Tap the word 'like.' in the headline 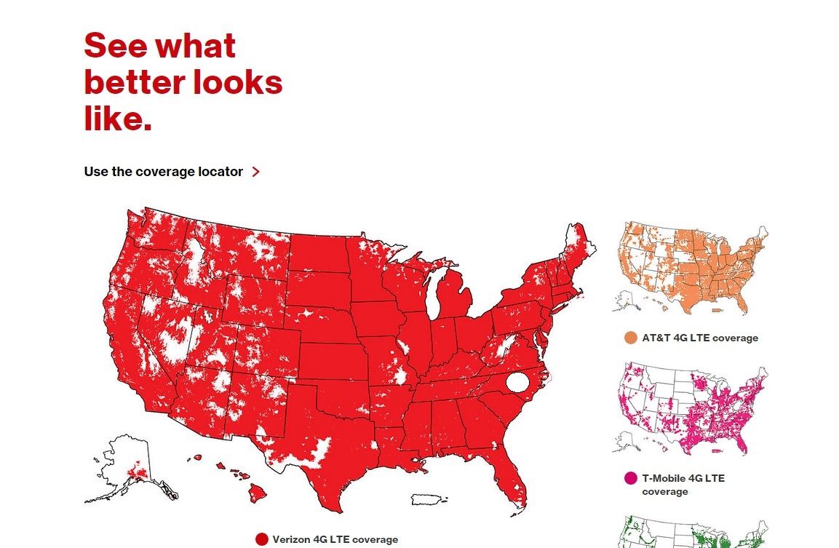pos(118,119)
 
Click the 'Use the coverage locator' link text pos(163,172)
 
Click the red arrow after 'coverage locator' pos(255,172)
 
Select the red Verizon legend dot pos(262,539)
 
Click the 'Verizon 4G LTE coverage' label pos(335,539)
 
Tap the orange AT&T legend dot pos(630,338)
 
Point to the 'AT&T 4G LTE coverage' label pos(700,338)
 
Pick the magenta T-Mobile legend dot pos(630,478)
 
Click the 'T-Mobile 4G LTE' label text pos(683,478)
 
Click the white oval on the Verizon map pos(517,381)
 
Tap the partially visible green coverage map pos(691,534)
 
